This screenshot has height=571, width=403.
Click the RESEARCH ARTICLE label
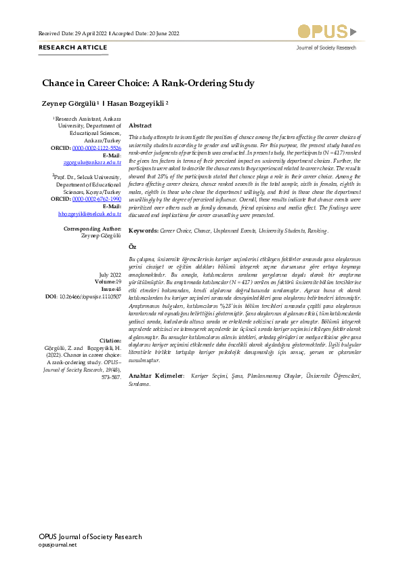73,47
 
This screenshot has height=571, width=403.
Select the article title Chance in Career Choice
148,83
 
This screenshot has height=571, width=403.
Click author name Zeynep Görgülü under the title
70,104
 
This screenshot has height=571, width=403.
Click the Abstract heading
140,126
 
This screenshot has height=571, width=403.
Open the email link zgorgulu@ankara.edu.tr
91,162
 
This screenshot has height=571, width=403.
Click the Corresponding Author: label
92,229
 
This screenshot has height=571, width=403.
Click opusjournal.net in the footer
58,545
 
